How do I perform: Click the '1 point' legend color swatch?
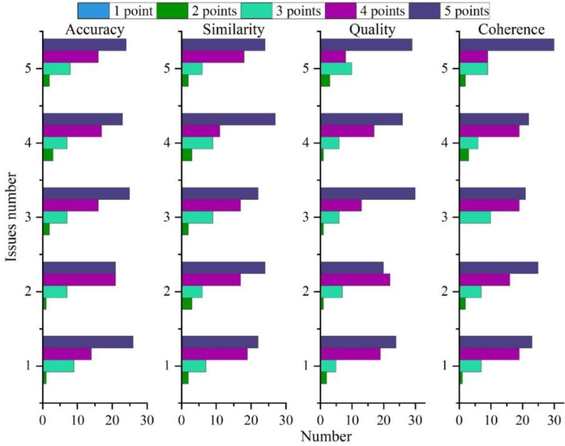94,11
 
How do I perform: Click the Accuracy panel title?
94,30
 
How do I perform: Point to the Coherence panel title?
511,30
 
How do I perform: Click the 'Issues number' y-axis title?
12,217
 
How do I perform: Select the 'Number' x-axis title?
326,436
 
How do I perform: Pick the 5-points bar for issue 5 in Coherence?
506,45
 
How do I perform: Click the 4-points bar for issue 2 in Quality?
355,280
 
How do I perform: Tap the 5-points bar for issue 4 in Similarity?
228,119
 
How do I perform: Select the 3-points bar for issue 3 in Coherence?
475,217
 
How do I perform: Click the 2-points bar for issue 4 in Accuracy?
48,155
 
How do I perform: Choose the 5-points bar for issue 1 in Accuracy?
88,342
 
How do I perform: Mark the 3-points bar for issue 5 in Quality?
336,69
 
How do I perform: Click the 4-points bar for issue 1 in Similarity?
214,354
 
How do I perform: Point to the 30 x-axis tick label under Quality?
415,420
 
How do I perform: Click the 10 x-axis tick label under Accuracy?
77,420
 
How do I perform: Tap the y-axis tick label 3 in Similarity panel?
167,217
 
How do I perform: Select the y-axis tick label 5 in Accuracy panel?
28,69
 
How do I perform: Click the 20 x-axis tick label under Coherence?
522,420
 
